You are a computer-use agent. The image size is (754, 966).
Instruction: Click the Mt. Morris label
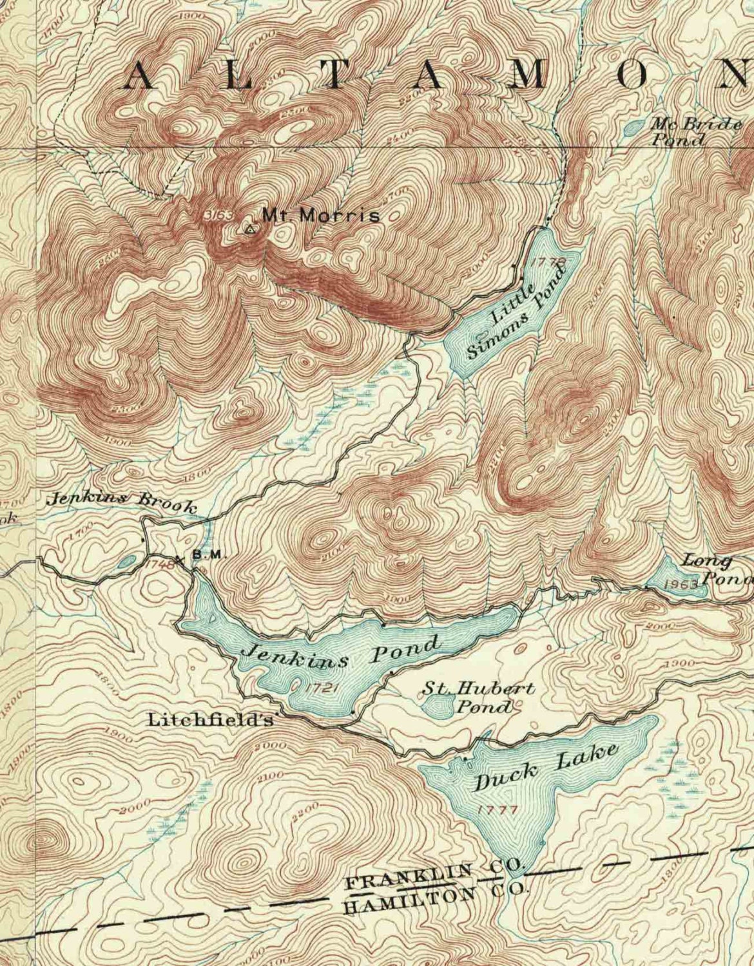[321, 216]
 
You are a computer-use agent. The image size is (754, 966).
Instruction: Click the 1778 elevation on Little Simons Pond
[550, 261]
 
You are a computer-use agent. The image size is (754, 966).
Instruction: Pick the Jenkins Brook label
[122, 502]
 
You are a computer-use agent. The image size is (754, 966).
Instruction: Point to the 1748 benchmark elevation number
[161, 563]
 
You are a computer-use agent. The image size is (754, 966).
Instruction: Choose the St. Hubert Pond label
[478, 697]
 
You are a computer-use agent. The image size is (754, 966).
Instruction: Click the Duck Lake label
[546, 766]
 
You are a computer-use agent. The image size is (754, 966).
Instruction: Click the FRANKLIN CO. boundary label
[435, 875]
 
